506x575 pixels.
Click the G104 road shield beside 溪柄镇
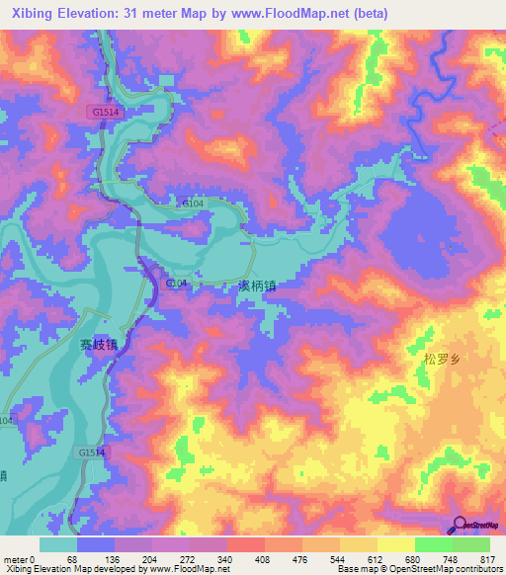tap(176, 284)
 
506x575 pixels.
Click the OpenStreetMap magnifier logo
tap(459, 524)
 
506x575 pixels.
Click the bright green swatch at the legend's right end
tap(471, 544)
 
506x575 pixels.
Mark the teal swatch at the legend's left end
tap(58, 544)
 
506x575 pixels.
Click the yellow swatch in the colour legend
tap(396, 544)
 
